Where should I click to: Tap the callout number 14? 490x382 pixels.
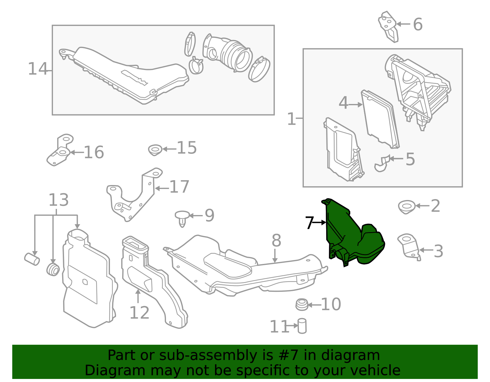[x=38, y=69]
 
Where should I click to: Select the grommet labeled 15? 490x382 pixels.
[x=155, y=150]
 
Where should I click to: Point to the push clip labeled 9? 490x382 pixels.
[x=182, y=218]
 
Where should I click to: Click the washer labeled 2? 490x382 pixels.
[x=407, y=206]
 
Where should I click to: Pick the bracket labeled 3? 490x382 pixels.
[x=409, y=246]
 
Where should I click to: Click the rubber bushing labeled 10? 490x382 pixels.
[x=302, y=305]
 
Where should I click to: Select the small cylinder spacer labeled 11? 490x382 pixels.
[x=302, y=326]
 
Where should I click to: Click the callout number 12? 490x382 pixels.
[x=139, y=313]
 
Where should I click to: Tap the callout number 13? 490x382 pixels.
[x=58, y=200]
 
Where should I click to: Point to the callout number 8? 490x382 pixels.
[x=276, y=241]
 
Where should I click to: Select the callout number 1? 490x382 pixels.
[x=292, y=119]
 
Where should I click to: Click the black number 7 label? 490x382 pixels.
[x=310, y=223]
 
